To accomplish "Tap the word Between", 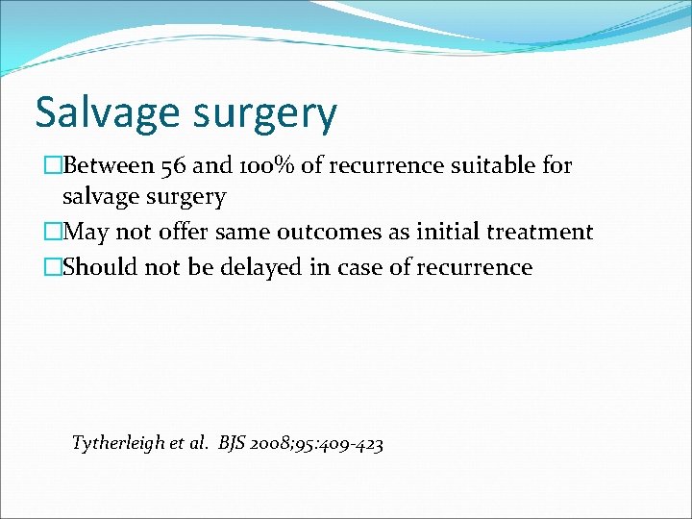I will (108, 166).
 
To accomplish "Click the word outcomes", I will (325, 232).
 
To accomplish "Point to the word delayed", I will (254, 266).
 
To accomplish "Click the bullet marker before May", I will (53, 232).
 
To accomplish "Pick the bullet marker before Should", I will (53, 266).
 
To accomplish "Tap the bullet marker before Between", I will (53, 166).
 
